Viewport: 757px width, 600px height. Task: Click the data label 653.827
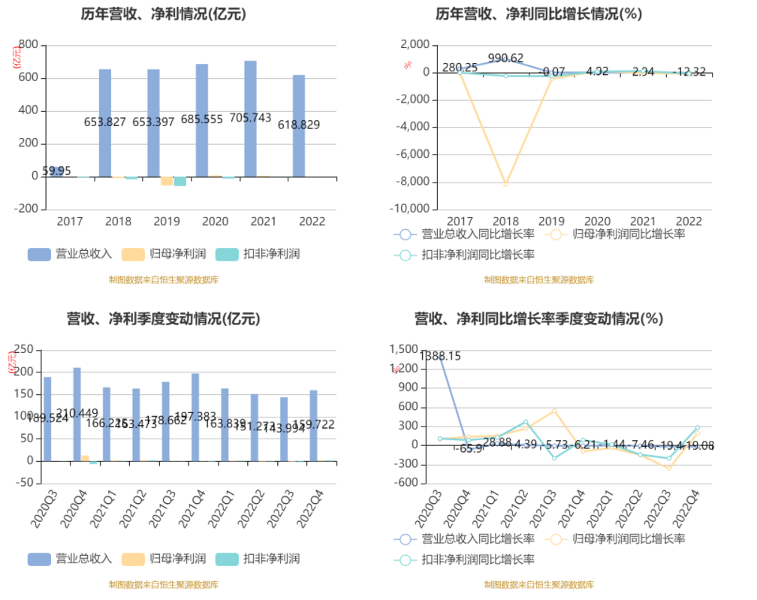(x=104, y=122)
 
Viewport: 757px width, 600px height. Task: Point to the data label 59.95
(x=56, y=171)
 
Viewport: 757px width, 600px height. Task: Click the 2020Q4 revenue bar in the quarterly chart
(x=77, y=414)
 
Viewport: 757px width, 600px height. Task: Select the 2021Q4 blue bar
(x=195, y=417)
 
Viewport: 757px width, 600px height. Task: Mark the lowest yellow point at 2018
(x=506, y=183)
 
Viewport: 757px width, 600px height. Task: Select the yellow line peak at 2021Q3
(x=554, y=411)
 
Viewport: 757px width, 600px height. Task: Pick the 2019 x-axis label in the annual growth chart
(x=552, y=222)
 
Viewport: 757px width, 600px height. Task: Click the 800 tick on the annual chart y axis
(x=28, y=45)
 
